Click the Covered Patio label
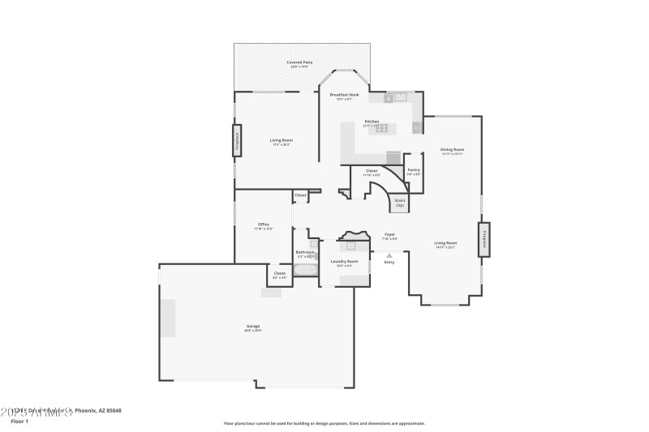click(x=299, y=62)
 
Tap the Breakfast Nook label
click(x=344, y=95)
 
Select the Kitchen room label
click(x=372, y=122)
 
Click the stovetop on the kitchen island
click(x=381, y=129)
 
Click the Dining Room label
click(x=452, y=149)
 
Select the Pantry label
click(x=414, y=170)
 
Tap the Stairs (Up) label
click(x=400, y=203)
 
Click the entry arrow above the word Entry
click(x=389, y=255)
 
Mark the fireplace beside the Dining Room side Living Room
click(x=484, y=239)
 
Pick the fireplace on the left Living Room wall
click(x=238, y=140)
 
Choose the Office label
click(x=264, y=225)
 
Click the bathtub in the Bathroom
click(x=306, y=270)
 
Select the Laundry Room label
click(x=344, y=261)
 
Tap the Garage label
click(x=254, y=327)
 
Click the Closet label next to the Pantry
click(x=372, y=170)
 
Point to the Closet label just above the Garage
click(x=279, y=274)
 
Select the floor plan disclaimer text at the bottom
click(x=324, y=423)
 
